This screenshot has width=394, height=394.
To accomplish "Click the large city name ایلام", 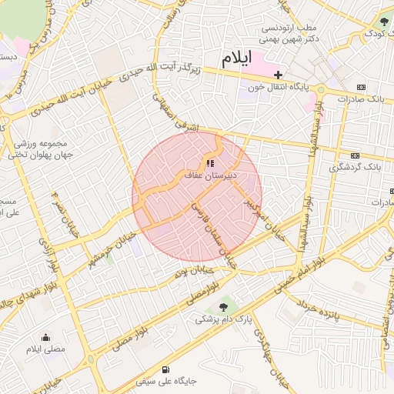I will (237, 59).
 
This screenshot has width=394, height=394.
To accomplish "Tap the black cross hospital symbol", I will (278, 74).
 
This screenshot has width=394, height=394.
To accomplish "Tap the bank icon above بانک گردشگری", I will (355, 155).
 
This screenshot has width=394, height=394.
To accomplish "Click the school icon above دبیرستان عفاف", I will (210, 163).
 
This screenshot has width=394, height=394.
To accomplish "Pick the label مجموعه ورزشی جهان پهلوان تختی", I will (42, 149).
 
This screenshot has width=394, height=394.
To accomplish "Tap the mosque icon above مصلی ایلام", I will (45, 337).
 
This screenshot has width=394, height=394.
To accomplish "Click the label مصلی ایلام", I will (45, 349).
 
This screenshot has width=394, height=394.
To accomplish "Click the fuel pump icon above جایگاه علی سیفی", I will (166, 369).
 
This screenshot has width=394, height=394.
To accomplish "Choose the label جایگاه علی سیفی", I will (166, 381).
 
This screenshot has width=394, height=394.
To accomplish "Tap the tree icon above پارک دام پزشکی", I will (223, 306).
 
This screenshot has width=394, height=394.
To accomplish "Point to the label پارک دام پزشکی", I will (222, 319).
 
